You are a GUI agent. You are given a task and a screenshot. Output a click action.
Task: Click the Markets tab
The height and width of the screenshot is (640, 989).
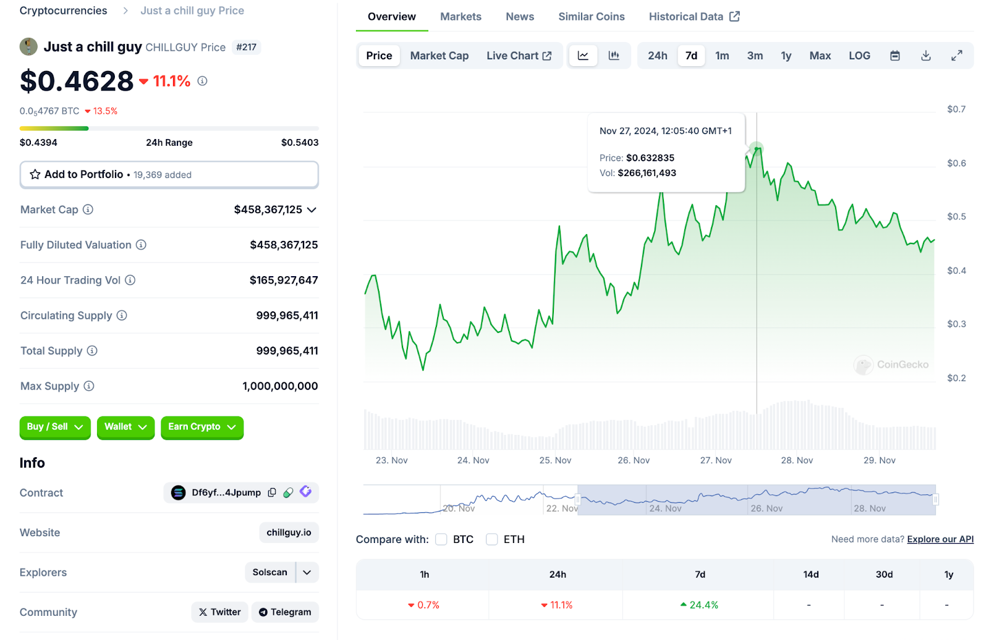(x=461, y=17)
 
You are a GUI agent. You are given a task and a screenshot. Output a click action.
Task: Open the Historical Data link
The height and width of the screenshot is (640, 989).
(x=694, y=17)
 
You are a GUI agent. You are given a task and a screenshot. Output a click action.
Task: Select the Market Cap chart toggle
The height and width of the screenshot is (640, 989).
(x=439, y=56)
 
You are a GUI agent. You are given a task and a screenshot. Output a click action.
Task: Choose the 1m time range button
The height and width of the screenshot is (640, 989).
(x=722, y=56)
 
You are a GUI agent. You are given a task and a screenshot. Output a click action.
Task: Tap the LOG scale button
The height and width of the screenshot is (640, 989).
(x=859, y=56)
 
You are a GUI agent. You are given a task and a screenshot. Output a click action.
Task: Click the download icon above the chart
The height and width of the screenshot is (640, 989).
(x=925, y=56)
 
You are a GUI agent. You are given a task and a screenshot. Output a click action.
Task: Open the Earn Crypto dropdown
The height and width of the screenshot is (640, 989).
(x=202, y=427)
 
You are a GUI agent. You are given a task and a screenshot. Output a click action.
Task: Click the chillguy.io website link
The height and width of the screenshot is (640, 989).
(x=289, y=533)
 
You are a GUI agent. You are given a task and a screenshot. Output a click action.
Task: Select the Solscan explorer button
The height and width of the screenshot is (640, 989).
(x=270, y=572)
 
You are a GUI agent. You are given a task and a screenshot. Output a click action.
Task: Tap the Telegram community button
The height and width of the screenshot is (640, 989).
(x=285, y=612)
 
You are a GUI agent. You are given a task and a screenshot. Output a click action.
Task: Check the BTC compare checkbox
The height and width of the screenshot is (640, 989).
(x=441, y=539)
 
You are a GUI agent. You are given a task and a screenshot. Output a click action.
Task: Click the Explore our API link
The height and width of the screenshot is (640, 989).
(x=940, y=539)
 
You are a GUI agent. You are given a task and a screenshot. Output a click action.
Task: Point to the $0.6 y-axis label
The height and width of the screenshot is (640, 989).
(x=956, y=163)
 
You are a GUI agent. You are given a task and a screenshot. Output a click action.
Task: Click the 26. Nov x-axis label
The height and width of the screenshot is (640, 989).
(x=634, y=460)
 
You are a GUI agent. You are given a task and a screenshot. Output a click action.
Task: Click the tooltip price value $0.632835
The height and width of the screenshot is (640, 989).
(x=650, y=158)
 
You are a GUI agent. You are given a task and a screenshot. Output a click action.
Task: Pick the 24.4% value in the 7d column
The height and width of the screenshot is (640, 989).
(x=700, y=605)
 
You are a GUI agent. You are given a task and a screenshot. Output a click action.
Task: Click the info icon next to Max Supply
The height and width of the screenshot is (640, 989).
(x=89, y=386)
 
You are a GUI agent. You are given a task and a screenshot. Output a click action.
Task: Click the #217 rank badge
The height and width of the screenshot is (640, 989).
(x=246, y=48)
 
